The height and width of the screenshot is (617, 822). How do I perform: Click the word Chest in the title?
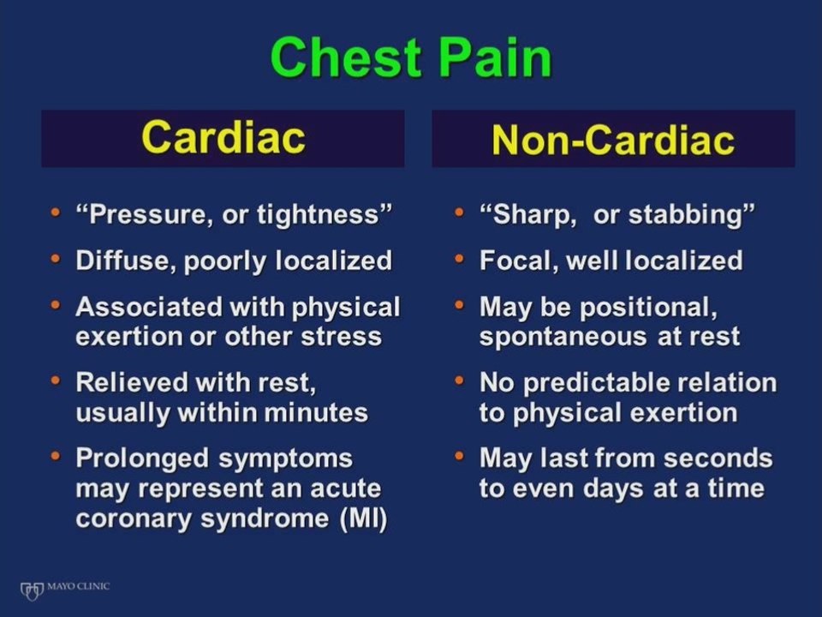345,57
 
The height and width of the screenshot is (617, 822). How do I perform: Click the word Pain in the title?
495,57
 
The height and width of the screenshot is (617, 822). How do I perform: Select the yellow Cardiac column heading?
223,137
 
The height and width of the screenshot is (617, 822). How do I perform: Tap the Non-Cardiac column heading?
613,140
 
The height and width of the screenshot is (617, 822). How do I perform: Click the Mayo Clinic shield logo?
32,590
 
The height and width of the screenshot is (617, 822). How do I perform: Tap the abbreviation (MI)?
363,519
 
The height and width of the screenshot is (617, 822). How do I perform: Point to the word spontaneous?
563,337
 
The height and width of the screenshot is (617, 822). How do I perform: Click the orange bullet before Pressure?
56,213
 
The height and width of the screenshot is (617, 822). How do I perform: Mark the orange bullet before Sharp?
459,213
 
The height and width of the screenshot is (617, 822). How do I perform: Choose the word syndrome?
265,519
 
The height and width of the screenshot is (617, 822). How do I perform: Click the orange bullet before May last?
459,456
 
